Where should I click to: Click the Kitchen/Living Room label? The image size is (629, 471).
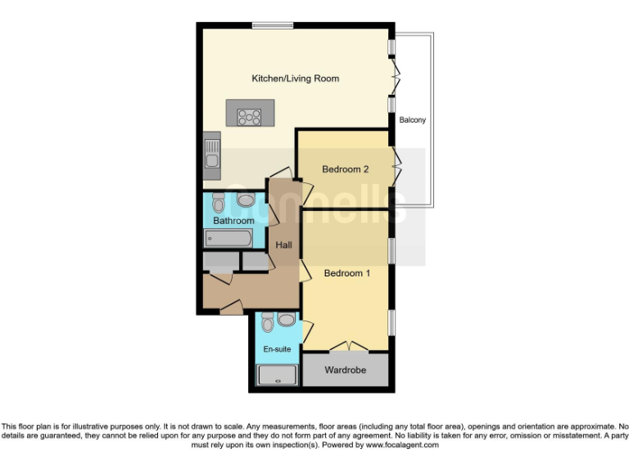tap(295, 78)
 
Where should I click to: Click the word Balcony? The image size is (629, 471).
tap(412, 120)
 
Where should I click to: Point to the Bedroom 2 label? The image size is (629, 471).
tap(345, 169)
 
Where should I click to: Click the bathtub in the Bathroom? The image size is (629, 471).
tap(229, 238)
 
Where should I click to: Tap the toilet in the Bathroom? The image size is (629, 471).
tap(218, 201)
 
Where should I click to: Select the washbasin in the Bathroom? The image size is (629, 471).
tap(246, 200)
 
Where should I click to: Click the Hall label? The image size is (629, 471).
tap(284, 244)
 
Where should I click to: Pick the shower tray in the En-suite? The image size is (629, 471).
tap(275, 375)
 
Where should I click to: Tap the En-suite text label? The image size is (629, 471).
tap(276, 349)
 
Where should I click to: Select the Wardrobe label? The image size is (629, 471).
tap(345, 370)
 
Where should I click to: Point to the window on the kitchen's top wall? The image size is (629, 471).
tap(272, 25)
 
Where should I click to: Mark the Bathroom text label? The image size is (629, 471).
tap(234, 221)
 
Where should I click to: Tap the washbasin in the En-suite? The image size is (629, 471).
tap(287, 320)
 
